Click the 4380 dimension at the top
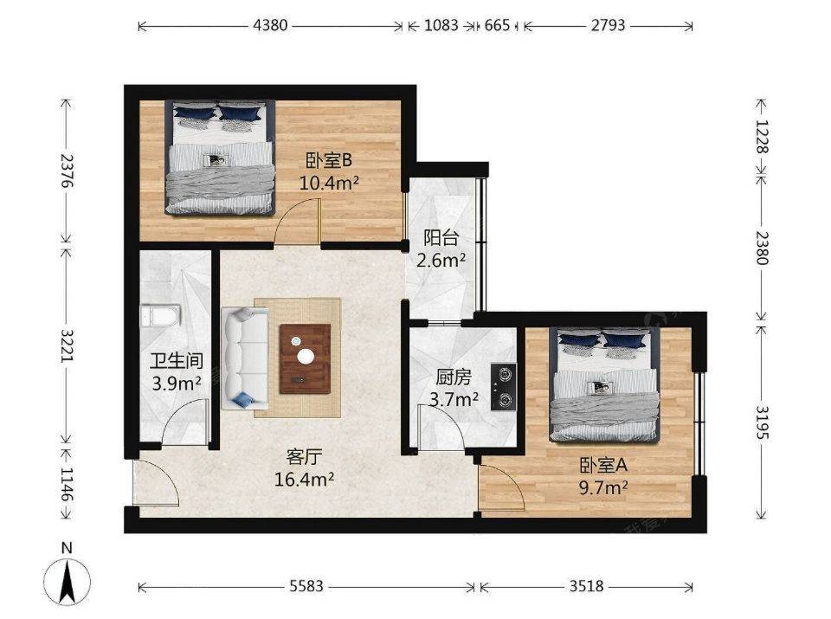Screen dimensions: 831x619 tap(270, 25)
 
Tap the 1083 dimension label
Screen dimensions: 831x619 tap(441, 25)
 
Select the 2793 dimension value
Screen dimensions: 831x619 tap(609, 25)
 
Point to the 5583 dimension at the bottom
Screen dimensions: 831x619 tap(306, 586)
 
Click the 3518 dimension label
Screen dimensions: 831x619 tap(587, 586)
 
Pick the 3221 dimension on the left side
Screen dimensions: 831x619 tap(67, 346)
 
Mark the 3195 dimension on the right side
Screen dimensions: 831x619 tap(762, 423)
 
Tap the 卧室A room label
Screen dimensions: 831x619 tap(603, 465)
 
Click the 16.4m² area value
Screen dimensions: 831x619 tap(304, 480)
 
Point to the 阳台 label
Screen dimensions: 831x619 tap(441, 238)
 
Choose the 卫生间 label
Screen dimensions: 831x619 tap(177, 361)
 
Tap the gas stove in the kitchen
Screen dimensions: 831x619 tap(503, 387)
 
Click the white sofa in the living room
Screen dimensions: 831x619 tap(245, 358)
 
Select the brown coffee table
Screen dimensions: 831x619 tap(305, 358)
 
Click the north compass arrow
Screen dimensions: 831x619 tap(67, 582)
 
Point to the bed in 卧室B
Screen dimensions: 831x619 tap(220, 157)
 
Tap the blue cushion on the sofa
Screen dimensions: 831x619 tap(243, 400)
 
